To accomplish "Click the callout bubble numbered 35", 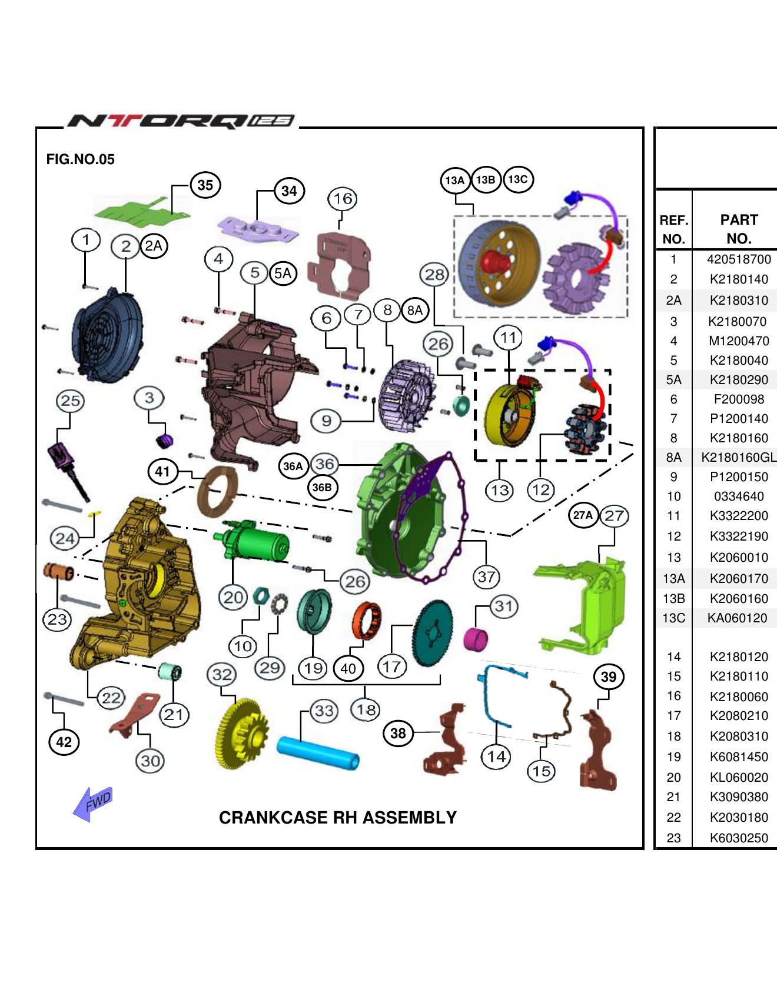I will tap(205, 185).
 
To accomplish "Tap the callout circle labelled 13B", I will tap(486, 180).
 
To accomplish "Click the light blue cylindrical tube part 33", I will tap(318, 753).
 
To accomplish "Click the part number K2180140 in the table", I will tap(739, 279).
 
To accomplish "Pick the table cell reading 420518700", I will tap(739, 259).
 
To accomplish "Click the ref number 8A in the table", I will tap(673, 458).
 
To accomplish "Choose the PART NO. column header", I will tap(739, 229).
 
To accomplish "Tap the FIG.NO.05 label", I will tap(81, 159).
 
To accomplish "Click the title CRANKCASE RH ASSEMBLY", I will tap(337, 818).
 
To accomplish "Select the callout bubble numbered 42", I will tap(64, 742).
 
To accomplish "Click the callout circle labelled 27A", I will tap(583, 515).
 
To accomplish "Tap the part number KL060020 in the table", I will tap(739, 778).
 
